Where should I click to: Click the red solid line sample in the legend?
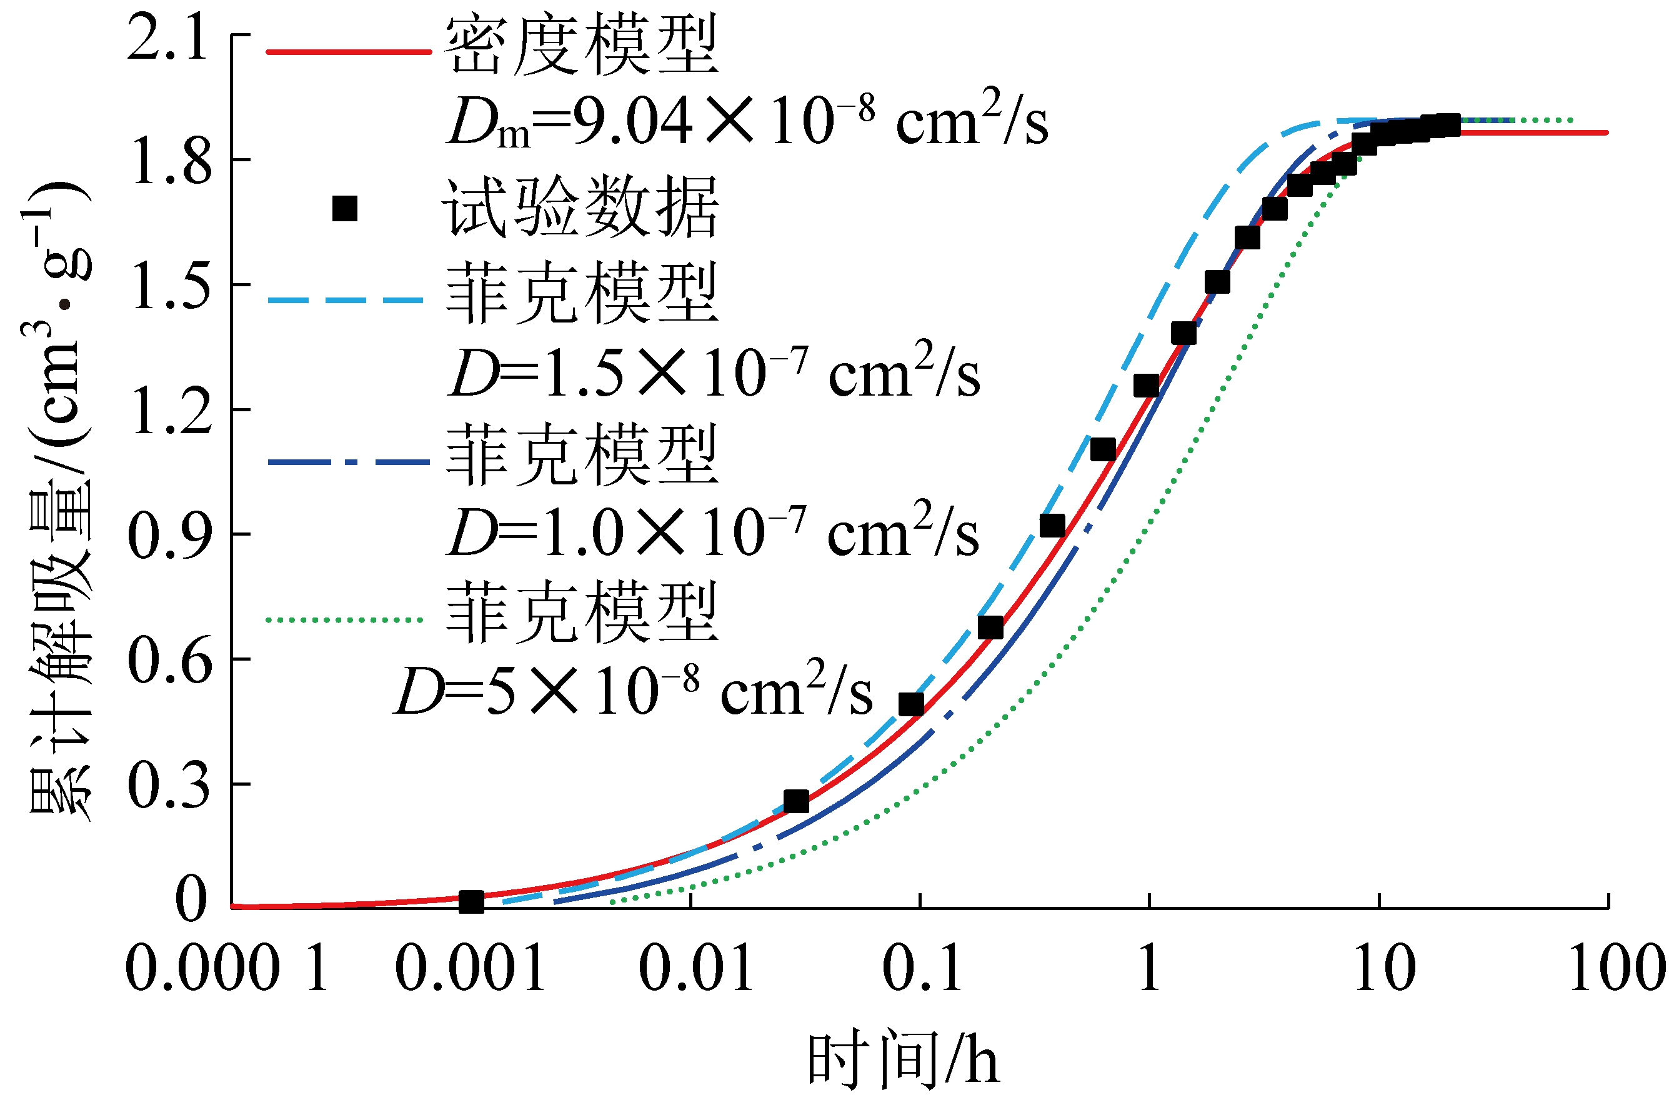coord(348,52)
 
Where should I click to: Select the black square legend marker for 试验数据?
coord(344,209)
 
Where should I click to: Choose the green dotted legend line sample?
coord(344,620)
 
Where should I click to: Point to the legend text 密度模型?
coord(581,46)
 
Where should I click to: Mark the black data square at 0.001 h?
coord(471,901)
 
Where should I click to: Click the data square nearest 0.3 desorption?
coord(795,801)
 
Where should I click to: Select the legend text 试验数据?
coord(581,207)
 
